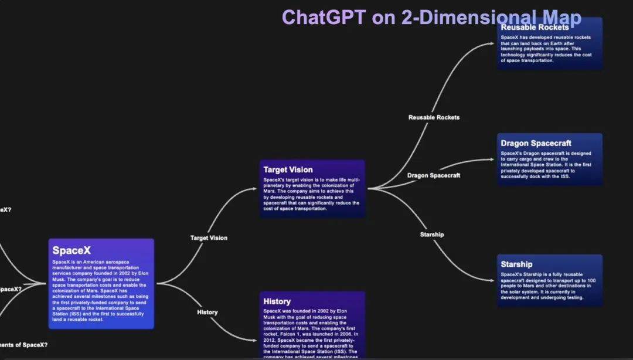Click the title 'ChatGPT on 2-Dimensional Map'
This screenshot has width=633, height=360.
pos(431,17)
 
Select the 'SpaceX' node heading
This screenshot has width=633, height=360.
pos(72,250)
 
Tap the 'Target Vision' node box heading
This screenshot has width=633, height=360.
pos(288,170)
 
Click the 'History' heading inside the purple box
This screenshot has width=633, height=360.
pos(277,301)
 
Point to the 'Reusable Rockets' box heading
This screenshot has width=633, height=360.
pos(535,28)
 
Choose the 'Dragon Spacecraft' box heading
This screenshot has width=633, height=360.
pos(536,143)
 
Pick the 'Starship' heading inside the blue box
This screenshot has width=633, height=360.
pos(516,264)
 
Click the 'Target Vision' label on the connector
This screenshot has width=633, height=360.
pos(209,238)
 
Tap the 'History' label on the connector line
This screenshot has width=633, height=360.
pos(207,313)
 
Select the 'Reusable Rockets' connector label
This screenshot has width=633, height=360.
pos(434,117)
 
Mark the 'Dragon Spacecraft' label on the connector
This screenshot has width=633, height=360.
pos(434,175)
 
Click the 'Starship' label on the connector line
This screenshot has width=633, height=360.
pos(432,235)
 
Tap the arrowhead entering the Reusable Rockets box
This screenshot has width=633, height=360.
pos(494,43)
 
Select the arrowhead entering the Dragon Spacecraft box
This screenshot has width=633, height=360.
pos(494,159)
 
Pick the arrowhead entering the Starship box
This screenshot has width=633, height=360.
pos(494,281)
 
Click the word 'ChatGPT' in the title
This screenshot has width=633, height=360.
pos(324,17)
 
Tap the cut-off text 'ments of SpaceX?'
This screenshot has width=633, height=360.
pos(24,345)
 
